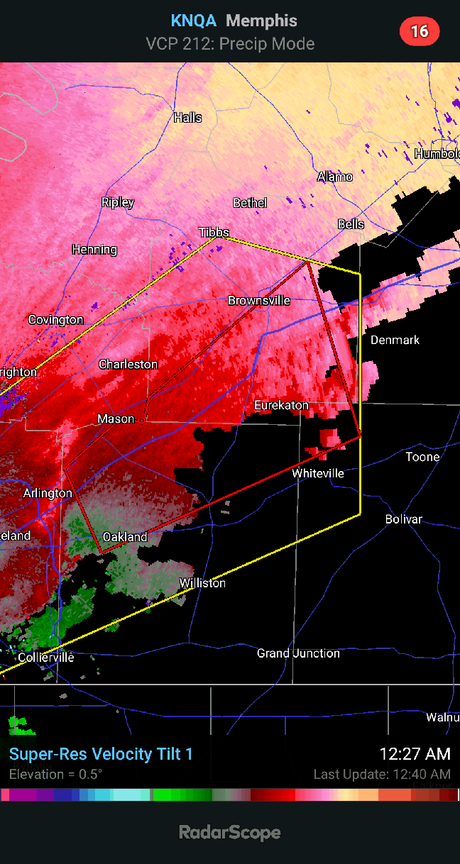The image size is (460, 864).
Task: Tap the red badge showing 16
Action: (420, 31)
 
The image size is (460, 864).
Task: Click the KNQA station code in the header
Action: (194, 21)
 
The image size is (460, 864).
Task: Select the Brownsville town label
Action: (259, 301)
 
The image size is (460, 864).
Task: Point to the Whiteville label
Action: (318, 473)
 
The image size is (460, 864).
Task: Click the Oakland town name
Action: (125, 537)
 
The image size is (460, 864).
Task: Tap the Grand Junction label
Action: (298, 653)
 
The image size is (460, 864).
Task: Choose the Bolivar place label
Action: (404, 519)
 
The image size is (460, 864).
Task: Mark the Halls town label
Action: (188, 118)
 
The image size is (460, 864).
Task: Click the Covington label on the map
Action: (56, 320)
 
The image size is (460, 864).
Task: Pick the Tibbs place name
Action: (214, 233)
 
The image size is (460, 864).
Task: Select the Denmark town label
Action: (395, 340)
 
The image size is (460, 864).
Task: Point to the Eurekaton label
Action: (282, 406)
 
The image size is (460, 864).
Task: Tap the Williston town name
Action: (202, 583)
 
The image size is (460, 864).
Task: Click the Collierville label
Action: (46, 658)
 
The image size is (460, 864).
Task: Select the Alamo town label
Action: (335, 177)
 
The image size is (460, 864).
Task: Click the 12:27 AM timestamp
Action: (415, 754)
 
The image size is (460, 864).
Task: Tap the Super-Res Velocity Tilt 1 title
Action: (101, 754)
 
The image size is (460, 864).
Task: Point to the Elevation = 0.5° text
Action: (55, 774)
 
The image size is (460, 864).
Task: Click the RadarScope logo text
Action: (229, 832)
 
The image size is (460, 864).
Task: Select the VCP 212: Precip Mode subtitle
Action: (230, 44)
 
